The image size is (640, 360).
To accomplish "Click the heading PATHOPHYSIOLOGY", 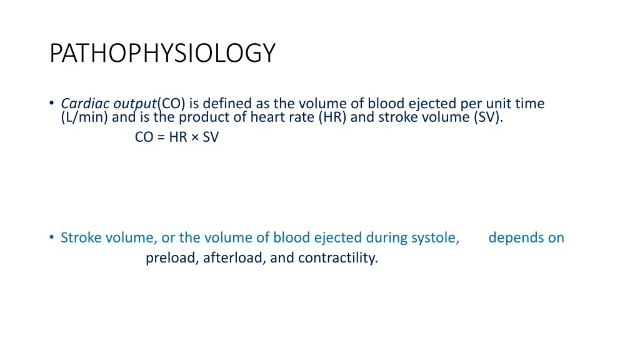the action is [x=162, y=53].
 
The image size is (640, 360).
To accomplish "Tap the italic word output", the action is [x=135, y=104].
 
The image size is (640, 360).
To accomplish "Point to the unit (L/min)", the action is [x=84, y=117].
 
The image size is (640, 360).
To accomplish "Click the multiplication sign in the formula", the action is [x=195, y=137].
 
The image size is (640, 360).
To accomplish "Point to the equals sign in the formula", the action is [x=161, y=137].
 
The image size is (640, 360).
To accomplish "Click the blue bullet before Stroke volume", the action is [x=51, y=237].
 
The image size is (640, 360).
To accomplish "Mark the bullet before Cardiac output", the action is [x=51, y=102].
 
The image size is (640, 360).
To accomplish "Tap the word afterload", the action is [x=232, y=258].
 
